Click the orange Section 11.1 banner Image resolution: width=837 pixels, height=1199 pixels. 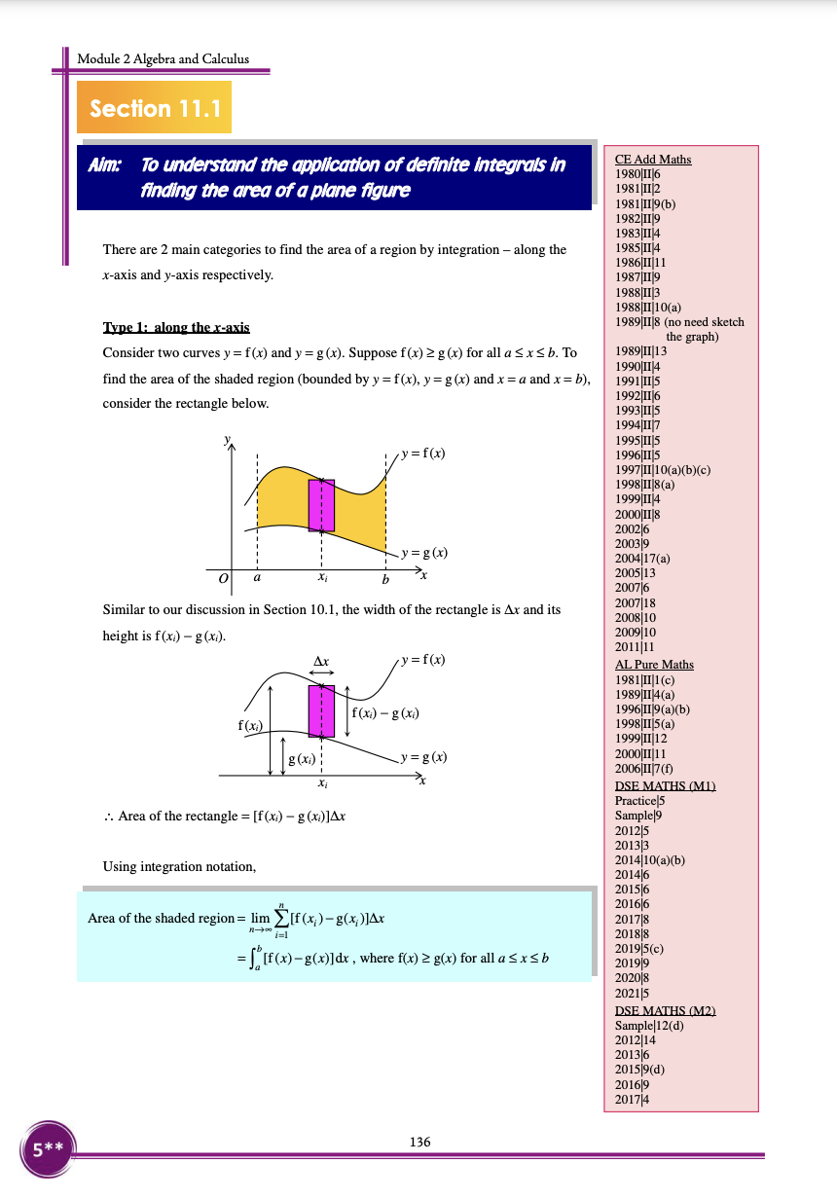click(154, 109)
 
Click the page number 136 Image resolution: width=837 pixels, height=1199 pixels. click(419, 1142)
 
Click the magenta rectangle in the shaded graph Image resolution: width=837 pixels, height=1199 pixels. click(321, 504)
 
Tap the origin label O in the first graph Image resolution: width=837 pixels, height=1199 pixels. click(223, 579)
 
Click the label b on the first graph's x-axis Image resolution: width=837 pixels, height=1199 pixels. click(385, 580)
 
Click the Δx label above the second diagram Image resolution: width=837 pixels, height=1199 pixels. click(321, 661)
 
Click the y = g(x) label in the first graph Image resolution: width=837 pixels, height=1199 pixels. click(424, 553)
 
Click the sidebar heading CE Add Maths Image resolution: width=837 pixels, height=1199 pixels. click(653, 160)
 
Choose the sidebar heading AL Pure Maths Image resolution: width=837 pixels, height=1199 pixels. click(654, 665)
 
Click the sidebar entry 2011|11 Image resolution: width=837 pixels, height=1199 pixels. click(635, 646)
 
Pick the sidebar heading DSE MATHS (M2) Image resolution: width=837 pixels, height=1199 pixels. click(666, 1012)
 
